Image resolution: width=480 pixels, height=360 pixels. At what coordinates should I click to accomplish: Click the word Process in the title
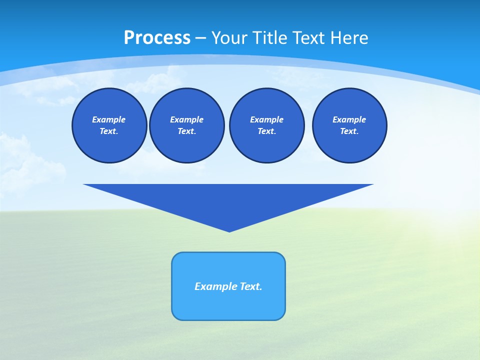coord(157,37)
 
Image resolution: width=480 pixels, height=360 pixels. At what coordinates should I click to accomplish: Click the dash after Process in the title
coord(200,38)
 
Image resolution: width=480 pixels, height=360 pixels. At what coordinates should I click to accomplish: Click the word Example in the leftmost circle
coord(109,119)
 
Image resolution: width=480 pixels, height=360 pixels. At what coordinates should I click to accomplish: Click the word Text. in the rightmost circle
coord(349,131)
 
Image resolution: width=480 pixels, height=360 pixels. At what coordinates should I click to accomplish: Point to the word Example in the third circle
coord(266,119)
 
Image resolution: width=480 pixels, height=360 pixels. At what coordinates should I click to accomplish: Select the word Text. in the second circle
coord(187,131)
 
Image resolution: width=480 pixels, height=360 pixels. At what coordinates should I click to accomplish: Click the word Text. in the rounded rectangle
coord(251,286)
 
